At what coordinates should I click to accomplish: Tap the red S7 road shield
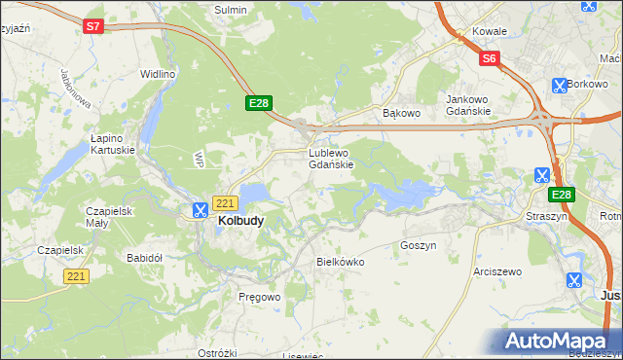pos(92,27)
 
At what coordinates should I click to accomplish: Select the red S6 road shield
pos(490,59)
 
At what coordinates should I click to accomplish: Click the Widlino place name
pos(157,74)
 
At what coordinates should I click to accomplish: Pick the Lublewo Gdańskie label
pos(337,159)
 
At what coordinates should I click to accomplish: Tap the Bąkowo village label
pos(400,113)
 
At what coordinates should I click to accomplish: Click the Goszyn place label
pos(418,246)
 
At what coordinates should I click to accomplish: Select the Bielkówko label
pos(340,262)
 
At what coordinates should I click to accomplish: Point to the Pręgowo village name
pos(259,296)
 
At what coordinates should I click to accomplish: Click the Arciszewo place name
pos(496,271)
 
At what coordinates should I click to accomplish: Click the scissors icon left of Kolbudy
pos(200,209)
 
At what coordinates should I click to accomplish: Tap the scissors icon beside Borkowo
pos(558,86)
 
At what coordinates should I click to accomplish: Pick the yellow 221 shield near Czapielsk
pos(77,277)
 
